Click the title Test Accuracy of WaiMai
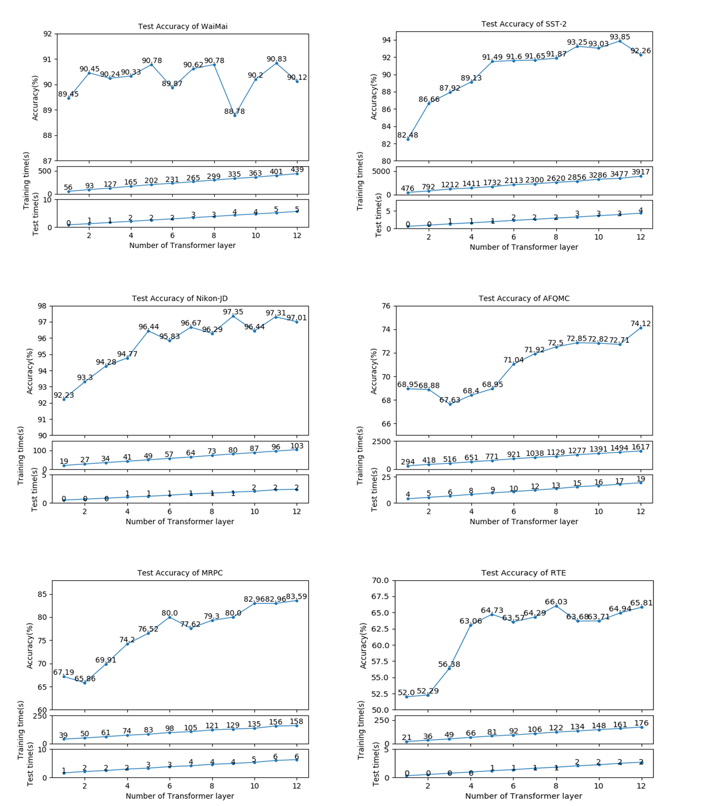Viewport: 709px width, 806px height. pos(183,26)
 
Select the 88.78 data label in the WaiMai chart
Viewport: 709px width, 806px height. pos(235,111)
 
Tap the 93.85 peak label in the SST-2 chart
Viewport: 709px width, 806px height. pos(619,37)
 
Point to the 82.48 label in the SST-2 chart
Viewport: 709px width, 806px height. pos(407,135)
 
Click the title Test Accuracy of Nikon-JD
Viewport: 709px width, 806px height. pos(180,298)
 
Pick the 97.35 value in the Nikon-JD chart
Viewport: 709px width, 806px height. pos(233,312)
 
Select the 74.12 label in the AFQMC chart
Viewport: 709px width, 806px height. pos(641,324)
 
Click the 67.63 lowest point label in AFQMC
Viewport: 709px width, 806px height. pos(450,400)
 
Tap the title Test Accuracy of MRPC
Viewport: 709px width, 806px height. pos(180,572)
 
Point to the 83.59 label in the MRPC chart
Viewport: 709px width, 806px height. pos(296,597)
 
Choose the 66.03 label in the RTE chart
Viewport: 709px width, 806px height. pos(556,602)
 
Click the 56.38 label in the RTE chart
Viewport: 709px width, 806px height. pos(449,664)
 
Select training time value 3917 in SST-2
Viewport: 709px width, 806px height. pos(641,172)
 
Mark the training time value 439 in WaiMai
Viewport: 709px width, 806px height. pos(297,169)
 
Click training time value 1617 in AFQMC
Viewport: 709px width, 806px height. pos(641,447)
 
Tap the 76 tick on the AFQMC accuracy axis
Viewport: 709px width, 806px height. pos(385,306)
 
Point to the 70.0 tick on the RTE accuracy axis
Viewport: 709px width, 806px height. pos(381,581)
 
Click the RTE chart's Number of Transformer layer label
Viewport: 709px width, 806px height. pos(523,796)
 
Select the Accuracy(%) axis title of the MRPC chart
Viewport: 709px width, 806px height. pos(30,645)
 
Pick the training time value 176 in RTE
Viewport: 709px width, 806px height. pos(641,723)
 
